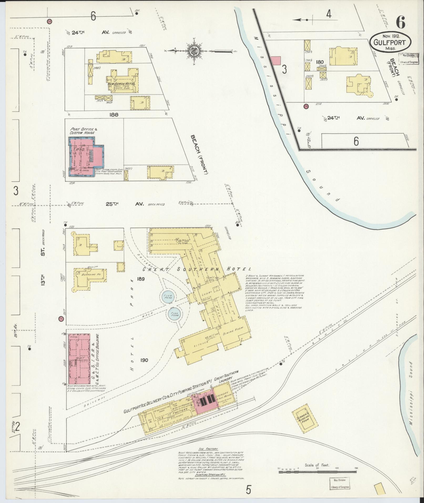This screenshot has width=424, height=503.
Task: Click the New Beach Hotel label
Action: tap(121, 84)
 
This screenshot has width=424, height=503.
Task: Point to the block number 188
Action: tap(114, 114)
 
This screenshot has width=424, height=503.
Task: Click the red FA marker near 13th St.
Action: tap(61, 318)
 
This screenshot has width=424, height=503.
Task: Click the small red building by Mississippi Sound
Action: tap(276, 60)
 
